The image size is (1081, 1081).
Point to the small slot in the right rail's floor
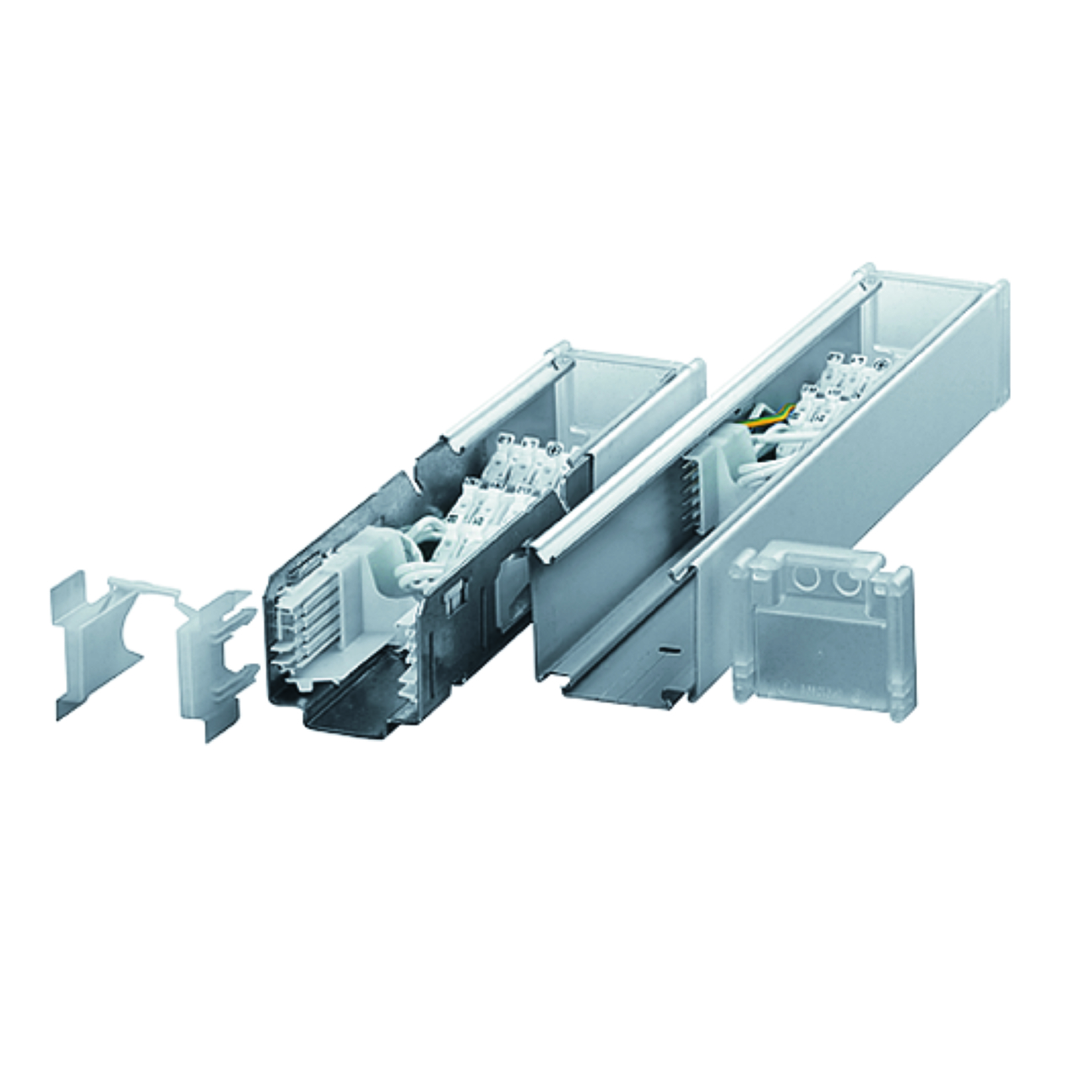(669, 649)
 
